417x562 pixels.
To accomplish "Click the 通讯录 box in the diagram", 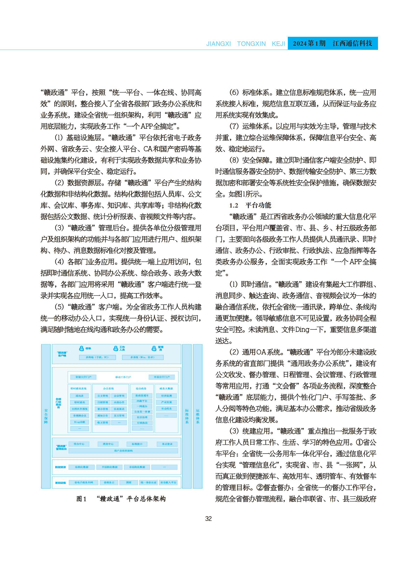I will [x=79, y=396].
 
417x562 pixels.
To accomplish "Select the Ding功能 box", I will [x=79, y=422].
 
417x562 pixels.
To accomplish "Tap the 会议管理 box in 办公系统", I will [x=119, y=396].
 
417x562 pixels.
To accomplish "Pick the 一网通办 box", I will [x=142, y=406].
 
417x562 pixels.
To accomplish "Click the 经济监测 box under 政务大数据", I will [x=166, y=396].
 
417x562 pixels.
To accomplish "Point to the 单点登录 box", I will [x=167, y=444].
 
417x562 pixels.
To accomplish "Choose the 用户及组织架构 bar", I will [x=123, y=451].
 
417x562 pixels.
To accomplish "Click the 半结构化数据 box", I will [x=110, y=467].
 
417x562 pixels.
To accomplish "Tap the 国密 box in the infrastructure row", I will [x=129, y=483].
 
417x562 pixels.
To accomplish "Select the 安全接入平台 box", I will [x=168, y=483].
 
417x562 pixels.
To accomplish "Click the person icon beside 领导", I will [x=82, y=349].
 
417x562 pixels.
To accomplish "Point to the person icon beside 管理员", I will [x=154, y=349].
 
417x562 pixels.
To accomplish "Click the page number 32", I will [x=208, y=519].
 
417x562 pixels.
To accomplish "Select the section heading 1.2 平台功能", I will [x=250, y=205].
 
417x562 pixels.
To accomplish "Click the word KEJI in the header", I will [x=278, y=44].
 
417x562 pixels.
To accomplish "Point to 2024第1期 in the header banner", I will [x=309, y=43].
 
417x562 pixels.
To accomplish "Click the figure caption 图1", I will [x=81, y=499].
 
